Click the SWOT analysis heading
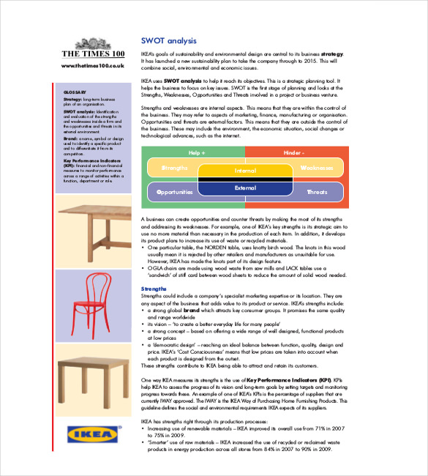[x=168, y=41]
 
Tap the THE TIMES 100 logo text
[x=93, y=54]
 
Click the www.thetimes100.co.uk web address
[x=93, y=66]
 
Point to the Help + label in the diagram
[x=197, y=152]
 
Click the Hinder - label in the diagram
[x=293, y=152]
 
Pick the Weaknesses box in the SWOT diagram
[x=317, y=168]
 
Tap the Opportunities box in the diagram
[x=173, y=192]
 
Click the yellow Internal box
[x=245, y=171]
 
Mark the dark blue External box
[x=245, y=188]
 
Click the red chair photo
[x=93, y=302]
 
